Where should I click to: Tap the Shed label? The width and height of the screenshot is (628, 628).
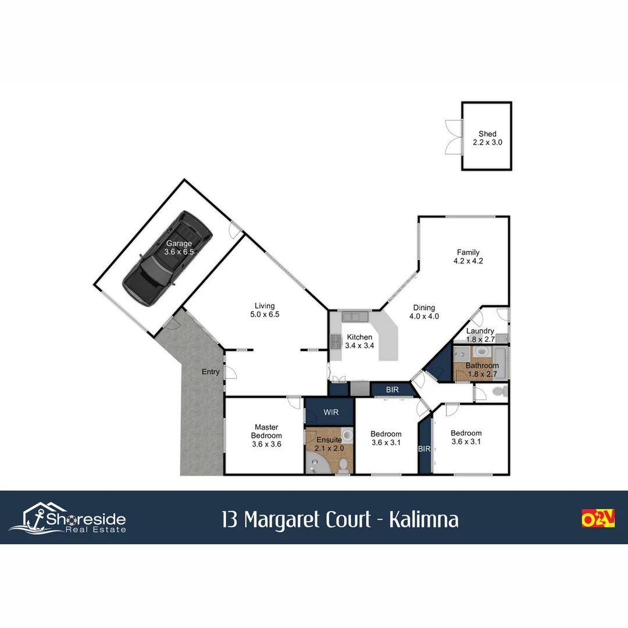pyautogui.click(x=487, y=134)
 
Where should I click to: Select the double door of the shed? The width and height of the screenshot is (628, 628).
pyautogui.click(x=454, y=137)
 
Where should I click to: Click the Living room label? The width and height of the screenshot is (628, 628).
pyautogui.click(x=265, y=306)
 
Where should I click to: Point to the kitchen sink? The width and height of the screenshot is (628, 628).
pyautogui.click(x=354, y=317)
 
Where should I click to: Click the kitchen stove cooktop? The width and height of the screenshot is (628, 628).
pyautogui.click(x=336, y=341)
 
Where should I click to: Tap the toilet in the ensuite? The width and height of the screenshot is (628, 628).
pyautogui.click(x=344, y=465)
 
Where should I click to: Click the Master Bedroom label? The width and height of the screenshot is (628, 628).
pyautogui.click(x=266, y=431)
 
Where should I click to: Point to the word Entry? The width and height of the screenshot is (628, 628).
pyautogui.click(x=210, y=372)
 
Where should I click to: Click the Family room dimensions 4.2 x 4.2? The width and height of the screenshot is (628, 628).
pyautogui.click(x=468, y=261)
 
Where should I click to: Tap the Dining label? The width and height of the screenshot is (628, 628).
pyautogui.click(x=424, y=308)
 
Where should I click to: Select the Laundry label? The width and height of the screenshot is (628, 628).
pyautogui.click(x=480, y=331)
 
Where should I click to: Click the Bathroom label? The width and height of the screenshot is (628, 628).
pyautogui.click(x=482, y=366)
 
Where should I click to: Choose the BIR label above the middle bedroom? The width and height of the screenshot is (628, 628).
pyautogui.click(x=392, y=390)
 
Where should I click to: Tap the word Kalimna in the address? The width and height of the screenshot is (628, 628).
pyautogui.click(x=423, y=519)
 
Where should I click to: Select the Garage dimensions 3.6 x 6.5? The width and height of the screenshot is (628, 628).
pyautogui.click(x=179, y=252)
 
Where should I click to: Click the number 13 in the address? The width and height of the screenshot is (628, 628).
pyautogui.click(x=230, y=519)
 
